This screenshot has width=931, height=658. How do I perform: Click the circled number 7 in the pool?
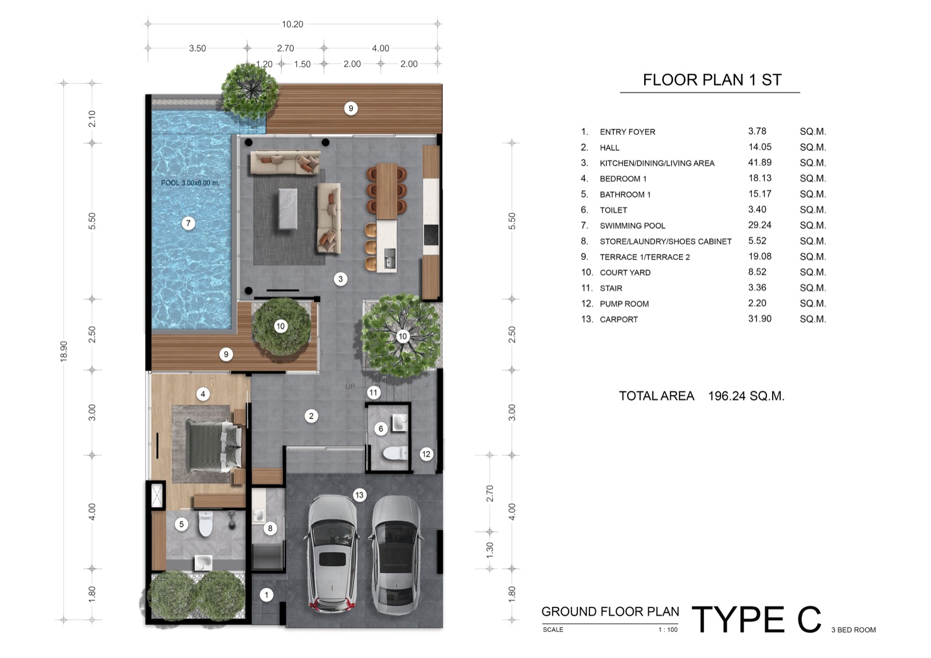tap(189, 223)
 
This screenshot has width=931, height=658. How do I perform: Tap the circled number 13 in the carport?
tap(359, 495)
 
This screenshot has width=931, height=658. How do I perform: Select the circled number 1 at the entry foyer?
tap(266, 595)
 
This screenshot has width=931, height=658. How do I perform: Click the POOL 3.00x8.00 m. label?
tap(190, 183)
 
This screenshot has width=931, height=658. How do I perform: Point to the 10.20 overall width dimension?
tap(293, 24)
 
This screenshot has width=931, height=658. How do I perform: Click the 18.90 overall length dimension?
tap(63, 351)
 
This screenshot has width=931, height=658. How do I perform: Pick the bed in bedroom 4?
tap(214, 446)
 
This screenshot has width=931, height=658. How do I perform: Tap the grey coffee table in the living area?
tap(287, 208)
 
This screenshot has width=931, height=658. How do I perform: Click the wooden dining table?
tap(386, 191)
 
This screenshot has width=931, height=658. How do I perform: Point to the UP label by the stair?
tap(350, 386)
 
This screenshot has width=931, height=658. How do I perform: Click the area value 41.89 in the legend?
tap(760, 162)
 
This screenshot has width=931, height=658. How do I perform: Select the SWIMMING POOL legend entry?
tap(632, 226)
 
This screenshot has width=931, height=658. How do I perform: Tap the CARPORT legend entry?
tap(619, 319)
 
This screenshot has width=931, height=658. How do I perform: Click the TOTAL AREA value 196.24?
tap(746, 396)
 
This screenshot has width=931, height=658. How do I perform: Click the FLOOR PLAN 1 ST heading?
tap(712, 80)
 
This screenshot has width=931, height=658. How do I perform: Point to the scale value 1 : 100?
tap(668, 629)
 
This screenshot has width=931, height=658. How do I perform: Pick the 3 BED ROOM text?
tap(853, 629)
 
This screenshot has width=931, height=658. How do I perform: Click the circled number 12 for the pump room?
tap(426, 454)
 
